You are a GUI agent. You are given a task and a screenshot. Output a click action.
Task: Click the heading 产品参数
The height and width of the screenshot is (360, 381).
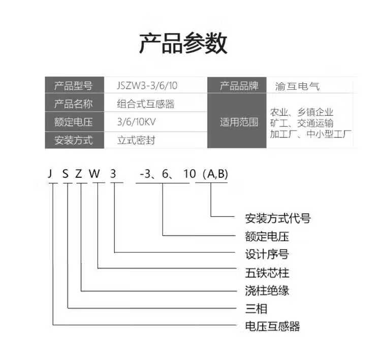point(183,44)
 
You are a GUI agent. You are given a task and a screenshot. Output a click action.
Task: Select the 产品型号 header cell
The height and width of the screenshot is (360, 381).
point(74,86)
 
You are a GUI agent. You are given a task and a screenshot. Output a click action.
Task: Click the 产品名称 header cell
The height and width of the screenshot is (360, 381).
point(74,104)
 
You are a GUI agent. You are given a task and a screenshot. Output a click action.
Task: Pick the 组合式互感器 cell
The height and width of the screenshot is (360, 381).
point(146,104)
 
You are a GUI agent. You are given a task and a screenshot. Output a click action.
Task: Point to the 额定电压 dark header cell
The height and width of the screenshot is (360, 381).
point(74,122)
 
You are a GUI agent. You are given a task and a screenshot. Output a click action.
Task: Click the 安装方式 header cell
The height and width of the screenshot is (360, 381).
point(74,140)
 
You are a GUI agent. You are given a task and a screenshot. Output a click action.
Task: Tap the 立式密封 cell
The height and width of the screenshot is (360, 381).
point(136,140)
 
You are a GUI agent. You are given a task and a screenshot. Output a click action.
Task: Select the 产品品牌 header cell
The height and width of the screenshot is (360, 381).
point(239,86)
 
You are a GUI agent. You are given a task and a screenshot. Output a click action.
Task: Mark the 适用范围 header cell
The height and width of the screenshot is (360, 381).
point(239,122)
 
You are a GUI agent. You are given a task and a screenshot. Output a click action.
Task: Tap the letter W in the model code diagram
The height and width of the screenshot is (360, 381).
point(95,174)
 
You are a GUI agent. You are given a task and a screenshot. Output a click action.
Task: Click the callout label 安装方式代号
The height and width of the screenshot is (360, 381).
point(277,219)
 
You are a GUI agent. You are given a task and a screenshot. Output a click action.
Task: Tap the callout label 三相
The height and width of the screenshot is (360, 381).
point(257,308)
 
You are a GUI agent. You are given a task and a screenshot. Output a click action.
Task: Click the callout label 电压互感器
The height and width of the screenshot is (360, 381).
point(272,326)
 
